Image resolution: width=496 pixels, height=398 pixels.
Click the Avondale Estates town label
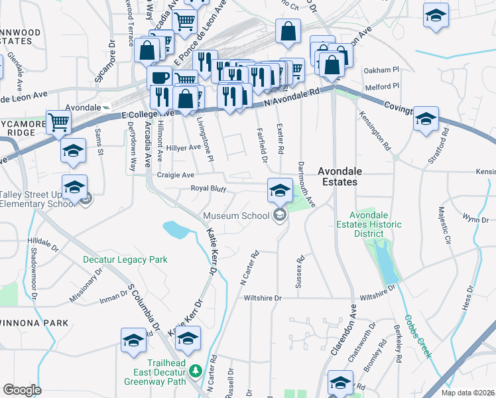point(346,176)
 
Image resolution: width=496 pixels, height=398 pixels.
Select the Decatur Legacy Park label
point(125,260)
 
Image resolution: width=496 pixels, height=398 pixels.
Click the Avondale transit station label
point(84,107)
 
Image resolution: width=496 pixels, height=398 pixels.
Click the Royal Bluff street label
point(209,188)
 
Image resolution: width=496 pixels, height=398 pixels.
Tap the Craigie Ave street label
point(176,174)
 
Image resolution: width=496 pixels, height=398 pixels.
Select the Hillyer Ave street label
point(184,147)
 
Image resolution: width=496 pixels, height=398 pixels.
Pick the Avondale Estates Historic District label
point(377,224)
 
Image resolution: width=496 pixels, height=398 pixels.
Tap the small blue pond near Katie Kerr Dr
point(176,230)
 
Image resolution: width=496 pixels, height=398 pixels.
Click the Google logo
point(22,390)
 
